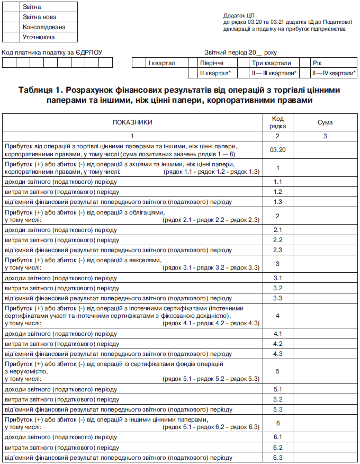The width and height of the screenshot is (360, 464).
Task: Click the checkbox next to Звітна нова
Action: pos(11,17)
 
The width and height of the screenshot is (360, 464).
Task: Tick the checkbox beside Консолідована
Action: pos(11,27)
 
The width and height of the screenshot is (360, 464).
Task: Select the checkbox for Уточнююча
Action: pos(11,37)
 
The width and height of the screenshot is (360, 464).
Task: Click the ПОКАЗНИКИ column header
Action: pos(132,122)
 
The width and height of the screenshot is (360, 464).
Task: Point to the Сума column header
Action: pos(325,122)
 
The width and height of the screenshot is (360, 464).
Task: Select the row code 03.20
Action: pos(278,150)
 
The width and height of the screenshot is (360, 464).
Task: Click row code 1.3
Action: pos(278,201)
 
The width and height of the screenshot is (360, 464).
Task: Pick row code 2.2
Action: pos(278,240)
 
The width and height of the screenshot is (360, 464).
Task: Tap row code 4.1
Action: pos(278,334)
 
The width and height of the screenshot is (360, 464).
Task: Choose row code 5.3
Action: pos(278,409)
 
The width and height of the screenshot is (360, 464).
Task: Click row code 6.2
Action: pos(278,448)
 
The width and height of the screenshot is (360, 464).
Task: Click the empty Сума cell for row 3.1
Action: pos(325,278)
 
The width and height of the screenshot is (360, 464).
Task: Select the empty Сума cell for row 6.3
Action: pos(325,458)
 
